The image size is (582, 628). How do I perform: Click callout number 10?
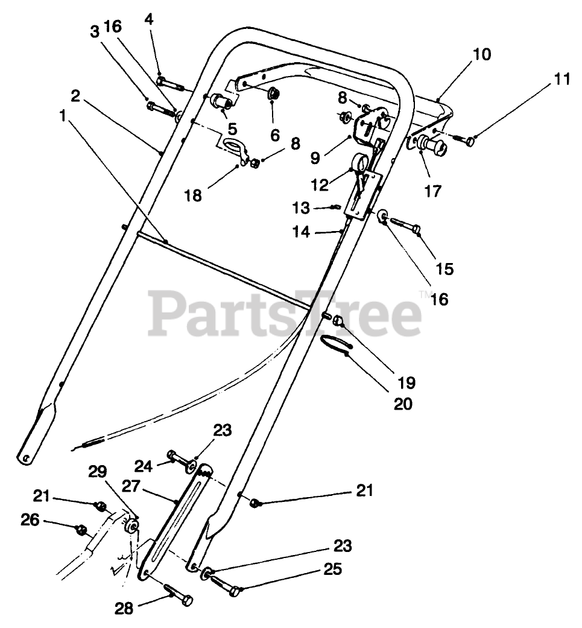point(482,55)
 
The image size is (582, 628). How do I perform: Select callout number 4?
point(149,19)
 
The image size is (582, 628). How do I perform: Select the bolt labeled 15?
point(405,227)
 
